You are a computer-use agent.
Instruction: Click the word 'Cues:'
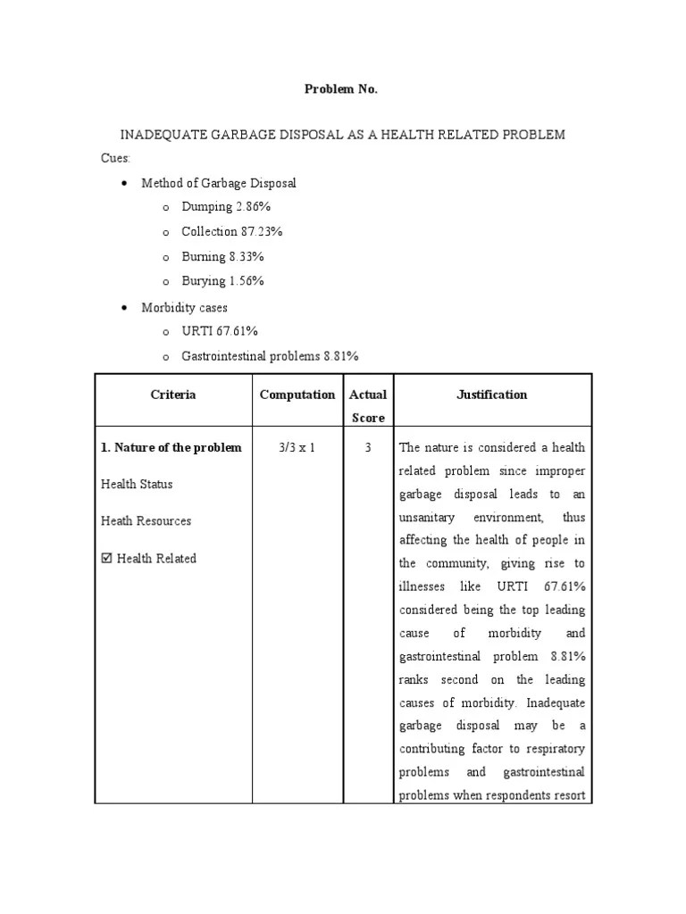click(x=115, y=158)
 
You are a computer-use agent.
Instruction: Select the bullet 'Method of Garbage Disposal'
click(x=218, y=183)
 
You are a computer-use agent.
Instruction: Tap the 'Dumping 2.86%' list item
click(x=224, y=207)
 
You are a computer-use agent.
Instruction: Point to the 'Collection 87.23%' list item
click(x=231, y=232)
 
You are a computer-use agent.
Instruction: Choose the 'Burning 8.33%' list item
click(x=222, y=256)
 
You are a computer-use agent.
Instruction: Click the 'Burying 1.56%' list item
click(x=222, y=281)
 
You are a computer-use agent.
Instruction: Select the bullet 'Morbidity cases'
click(x=184, y=307)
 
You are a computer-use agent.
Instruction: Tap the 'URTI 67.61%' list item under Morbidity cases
click(x=219, y=331)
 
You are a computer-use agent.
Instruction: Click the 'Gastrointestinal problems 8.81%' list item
click(x=270, y=356)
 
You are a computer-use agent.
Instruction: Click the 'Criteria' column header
click(x=173, y=395)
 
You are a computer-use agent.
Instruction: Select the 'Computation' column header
click(x=297, y=395)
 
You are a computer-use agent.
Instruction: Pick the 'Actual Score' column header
click(x=368, y=406)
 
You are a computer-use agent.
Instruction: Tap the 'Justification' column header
click(x=491, y=395)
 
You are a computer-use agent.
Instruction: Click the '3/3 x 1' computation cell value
click(x=297, y=448)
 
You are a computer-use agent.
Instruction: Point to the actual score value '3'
click(x=368, y=448)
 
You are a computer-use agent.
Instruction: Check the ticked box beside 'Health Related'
click(x=106, y=559)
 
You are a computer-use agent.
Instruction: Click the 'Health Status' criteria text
click(x=137, y=485)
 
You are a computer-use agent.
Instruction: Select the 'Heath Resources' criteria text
click(x=146, y=521)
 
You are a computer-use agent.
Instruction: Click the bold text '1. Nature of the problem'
click(x=171, y=448)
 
